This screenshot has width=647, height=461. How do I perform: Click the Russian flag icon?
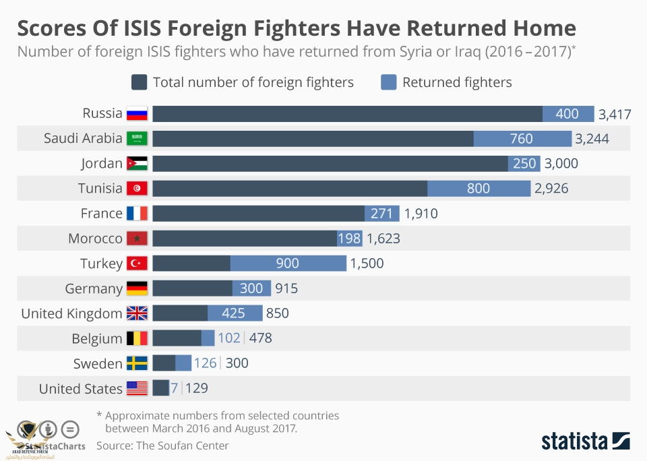point(137,114)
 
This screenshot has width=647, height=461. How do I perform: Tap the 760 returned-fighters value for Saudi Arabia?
point(522,139)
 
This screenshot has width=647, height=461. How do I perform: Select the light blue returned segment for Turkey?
point(288,264)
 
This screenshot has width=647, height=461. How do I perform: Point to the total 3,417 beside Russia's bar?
point(615,115)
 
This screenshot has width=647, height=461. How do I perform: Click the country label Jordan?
point(102,164)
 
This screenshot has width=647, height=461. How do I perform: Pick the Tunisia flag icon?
point(137,189)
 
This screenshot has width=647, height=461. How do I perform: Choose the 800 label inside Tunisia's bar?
point(479,189)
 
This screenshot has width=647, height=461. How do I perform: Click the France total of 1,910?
point(421,214)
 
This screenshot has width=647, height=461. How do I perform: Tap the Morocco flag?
point(137,239)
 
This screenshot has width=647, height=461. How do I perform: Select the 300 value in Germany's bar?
point(251,288)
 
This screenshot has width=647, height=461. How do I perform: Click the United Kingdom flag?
point(137,313)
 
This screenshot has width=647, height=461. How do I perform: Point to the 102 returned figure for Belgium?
point(229,338)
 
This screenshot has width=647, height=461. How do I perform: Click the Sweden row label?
point(98,364)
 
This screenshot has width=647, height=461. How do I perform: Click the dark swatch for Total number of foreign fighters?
point(140,82)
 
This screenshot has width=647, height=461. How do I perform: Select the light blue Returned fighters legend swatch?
point(388,82)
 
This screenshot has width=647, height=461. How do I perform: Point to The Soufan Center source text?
point(182,445)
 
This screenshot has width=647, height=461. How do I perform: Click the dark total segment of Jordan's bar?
point(330,164)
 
